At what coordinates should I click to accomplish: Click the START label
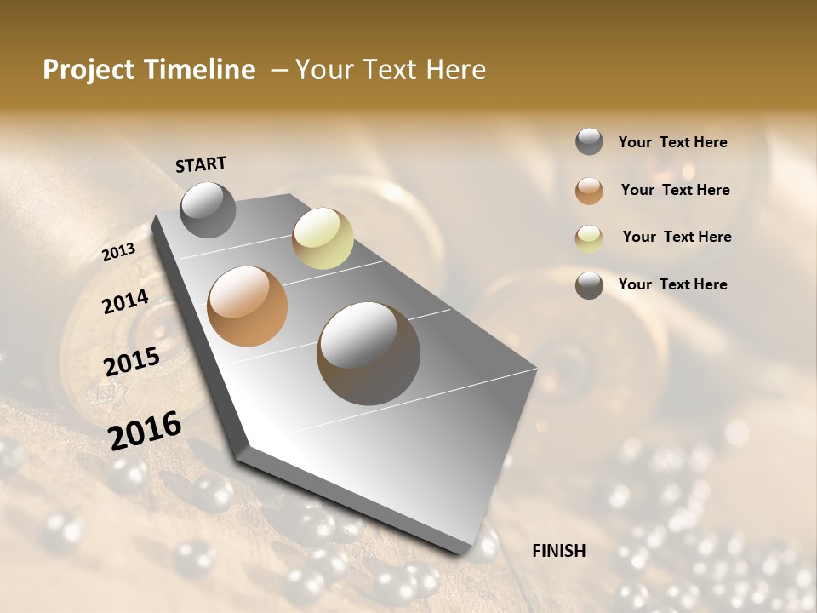pyautogui.click(x=201, y=164)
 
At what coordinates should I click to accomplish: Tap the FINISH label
pyautogui.click(x=558, y=551)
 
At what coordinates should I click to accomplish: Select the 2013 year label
pyautogui.click(x=118, y=252)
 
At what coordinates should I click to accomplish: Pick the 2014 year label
pyautogui.click(x=125, y=301)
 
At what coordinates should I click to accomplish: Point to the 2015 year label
pyautogui.click(x=132, y=361)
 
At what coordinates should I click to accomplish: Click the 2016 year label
pyautogui.click(x=145, y=430)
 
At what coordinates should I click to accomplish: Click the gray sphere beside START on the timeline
pyautogui.click(x=208, y=209)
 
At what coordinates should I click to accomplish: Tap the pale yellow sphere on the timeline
pyautogui.click(x=323, y=238)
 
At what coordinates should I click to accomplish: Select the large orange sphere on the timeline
pyautogui.click(x=248, y=306)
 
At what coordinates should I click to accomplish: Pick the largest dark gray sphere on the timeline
pyautogui.click(x=369, y=353)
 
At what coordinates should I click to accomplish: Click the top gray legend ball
pyautogui.click(x=589, y=141)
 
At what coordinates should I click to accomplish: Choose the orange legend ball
pyautogui.click(x=589, y=191)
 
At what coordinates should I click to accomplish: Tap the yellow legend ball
pyautogui.click(x=589, y=238)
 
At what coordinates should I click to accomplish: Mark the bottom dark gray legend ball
pyautogui.click(x=589, y=285)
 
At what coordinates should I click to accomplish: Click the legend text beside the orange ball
pyautogui.click(x=675, y=190)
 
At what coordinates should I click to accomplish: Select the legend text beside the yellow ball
pyautogui.click(x=677, y=237)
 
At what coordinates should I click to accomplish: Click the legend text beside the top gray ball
pyautogui.click(x=672, y=142)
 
